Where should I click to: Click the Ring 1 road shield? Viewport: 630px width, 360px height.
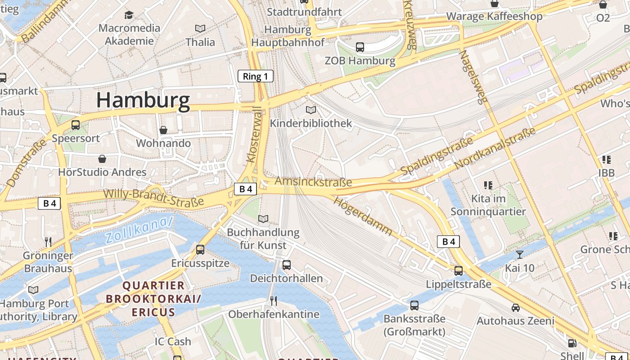pyautogui.click(x=256, y=76)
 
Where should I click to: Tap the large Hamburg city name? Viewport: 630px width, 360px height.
pyautogui.click(x=143, y=100)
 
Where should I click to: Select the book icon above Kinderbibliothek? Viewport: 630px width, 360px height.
pyautogui.click(x=310, y=110)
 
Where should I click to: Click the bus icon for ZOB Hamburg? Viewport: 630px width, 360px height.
pyautogui.click(x=360, y=47)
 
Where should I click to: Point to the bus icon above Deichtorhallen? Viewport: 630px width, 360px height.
pyautogui.click(x=287, y=265)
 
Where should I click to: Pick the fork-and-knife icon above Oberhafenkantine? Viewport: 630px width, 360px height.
pyautogui.click(x=274, y=301)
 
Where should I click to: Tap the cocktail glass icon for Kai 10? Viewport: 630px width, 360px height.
pyautogui.click(x=520, y=254)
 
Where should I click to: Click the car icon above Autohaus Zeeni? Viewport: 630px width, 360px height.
pyautogui.click(x=516, y=308)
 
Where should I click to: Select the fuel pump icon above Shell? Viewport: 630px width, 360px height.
pyautogui.click(x=572, y=343)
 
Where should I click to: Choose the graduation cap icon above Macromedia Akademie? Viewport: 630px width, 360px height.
pyautogui.click(x=129, y=15)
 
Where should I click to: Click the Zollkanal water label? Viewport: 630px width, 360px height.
pyautogui.click(x=139, y=230)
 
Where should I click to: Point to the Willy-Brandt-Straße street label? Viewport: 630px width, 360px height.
pyautogui.click(x=154, y=198)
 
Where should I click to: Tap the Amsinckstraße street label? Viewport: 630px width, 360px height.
pyautogui.click(x=313, y=182)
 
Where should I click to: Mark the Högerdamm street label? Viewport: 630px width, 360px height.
pyautogui.click(x=363, y=216)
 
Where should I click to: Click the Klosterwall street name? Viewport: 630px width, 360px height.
pyautogui.click(x=254, y=134)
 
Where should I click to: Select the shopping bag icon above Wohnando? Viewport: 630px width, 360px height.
pyautogui.click(x=163, y=130)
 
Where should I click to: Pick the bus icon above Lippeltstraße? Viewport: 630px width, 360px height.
pyautogui.click(x=459, y=271)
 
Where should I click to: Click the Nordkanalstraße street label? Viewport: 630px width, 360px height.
pyautogui.click(x=495, y=148)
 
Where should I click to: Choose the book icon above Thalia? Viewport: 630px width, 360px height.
pyautogui.click(x=200, y=29)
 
